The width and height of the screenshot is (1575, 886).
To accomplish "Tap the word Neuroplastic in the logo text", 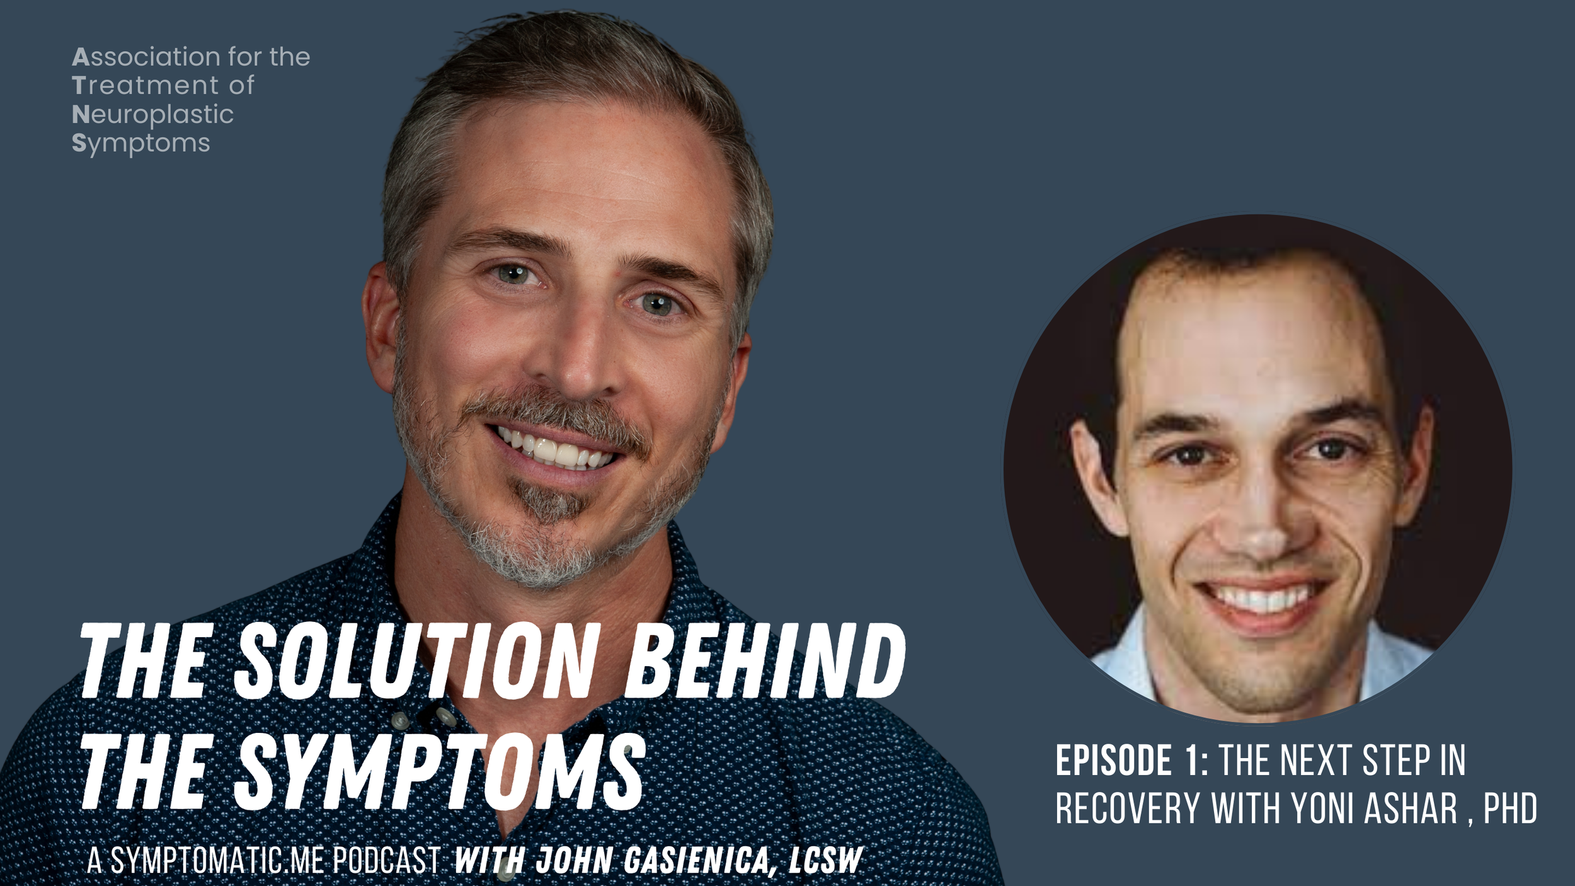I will pos(152,115).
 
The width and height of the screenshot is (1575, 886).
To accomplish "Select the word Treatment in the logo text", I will pos(145,86).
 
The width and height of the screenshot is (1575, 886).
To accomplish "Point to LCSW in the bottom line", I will pos(825,861).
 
